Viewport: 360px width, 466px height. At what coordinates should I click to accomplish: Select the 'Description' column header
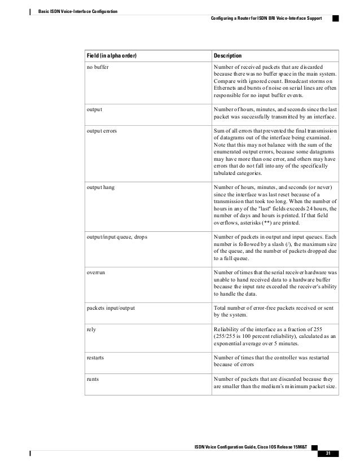click(x=227, y=56)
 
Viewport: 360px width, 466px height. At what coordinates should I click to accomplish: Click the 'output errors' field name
click(x=102, y=130)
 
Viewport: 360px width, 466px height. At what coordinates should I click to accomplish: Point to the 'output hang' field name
click(x=100, y=187)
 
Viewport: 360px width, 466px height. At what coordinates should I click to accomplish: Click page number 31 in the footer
click(x=328, y=454)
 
